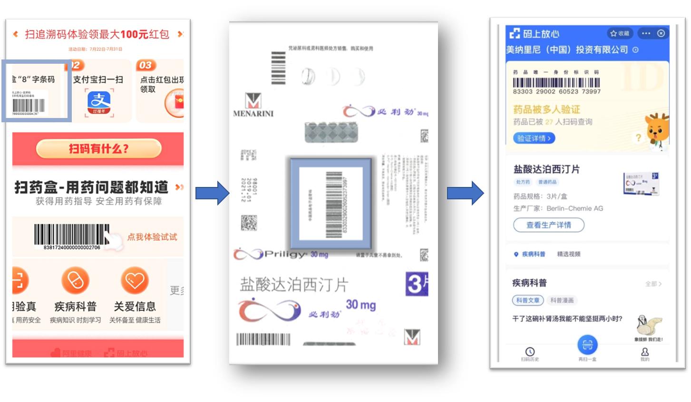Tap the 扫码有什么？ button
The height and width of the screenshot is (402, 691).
click(x=98, y=149)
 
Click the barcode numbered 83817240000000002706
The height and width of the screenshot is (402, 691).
click(x=71, y=234)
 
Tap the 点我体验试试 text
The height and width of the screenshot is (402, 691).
click(x=152, y=237)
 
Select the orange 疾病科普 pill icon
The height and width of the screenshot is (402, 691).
click(x=75, y=280)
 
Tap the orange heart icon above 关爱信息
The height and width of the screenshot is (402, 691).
click(x=135, y=280)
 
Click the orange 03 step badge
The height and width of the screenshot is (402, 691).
click(x=146, y=65)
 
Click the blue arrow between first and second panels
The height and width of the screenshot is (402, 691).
click(x=212, y=193)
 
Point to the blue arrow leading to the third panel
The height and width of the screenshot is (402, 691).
click(x=465, y=193)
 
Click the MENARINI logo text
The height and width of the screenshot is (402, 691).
click(x=253, y=114)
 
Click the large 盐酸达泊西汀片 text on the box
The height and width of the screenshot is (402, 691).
click(x=294, y=284)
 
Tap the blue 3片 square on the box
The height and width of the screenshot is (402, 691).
click(x=417, y=284)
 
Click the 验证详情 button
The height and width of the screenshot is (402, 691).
click(x=534, y=138)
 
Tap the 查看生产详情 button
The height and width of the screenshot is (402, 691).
click(x=548, y=225)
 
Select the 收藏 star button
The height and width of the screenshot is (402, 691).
click(x=620, y=33)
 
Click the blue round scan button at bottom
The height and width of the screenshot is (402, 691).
click(x=587, y=344)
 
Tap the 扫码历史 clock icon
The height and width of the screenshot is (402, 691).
click(x=530, y=352)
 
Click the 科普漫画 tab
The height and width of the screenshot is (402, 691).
click(x=562, y=300)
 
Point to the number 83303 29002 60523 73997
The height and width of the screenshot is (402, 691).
click(x=556, y=91)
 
